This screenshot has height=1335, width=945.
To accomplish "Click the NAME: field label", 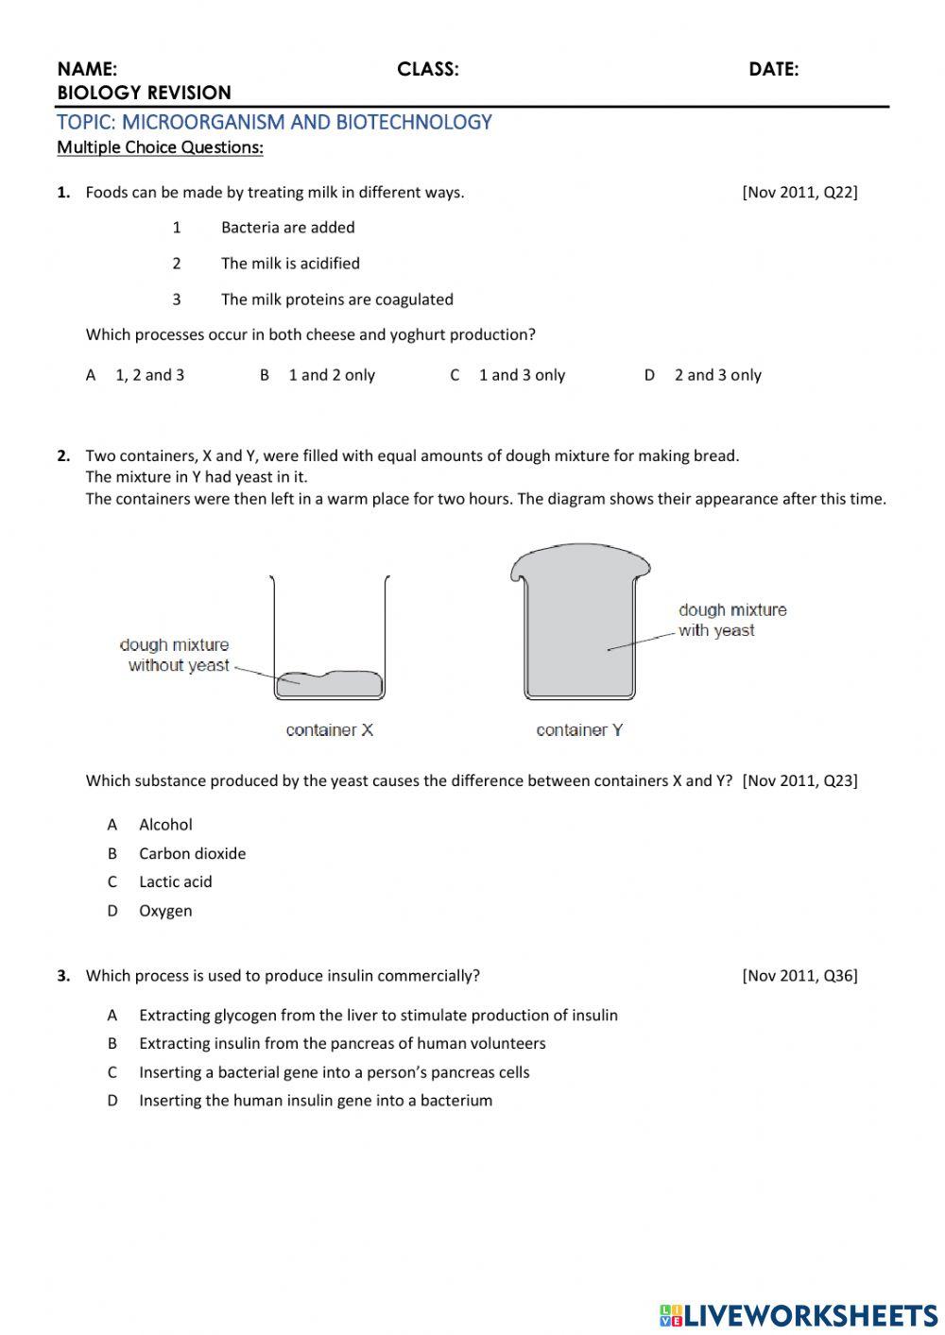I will pos(87,69).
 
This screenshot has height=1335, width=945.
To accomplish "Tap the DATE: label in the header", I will pos(773,69).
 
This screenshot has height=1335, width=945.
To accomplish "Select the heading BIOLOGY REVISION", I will pos(144,93).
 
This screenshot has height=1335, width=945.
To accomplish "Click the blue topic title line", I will pos(274,122).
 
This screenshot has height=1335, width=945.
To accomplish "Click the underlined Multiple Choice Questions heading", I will pos(160,147).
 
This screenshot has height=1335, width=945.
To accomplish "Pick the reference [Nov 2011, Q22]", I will pos(799,193).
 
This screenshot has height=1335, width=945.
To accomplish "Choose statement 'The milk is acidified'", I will pos(290,264).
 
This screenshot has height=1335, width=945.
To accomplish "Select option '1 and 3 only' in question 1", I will pos(521,375).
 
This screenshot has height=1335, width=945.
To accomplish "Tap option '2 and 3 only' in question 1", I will pos(717,375).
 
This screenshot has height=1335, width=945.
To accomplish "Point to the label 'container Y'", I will pos(579,730).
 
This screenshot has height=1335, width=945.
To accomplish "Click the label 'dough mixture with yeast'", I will pos(731,621).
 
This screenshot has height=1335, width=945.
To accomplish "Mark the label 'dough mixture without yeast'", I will pos(176,656).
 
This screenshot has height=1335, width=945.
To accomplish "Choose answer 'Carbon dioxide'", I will pos(192,853).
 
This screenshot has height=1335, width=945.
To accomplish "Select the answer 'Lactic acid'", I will pos(175,881).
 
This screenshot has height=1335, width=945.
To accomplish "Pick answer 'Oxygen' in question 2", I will pos(165,911).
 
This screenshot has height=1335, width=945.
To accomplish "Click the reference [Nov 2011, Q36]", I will pos(799,976).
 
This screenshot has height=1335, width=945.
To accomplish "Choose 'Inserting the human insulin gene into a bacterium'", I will pos(315,1101).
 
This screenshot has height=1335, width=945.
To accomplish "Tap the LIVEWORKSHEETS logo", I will pos(799,1315).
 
